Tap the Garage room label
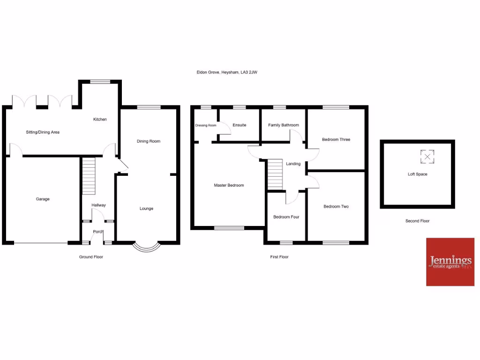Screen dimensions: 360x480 tap(43, 199)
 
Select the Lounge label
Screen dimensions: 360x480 tap(146, 209)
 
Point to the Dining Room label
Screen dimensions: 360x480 tap(149, 141)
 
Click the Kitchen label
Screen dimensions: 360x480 tap(100, 120)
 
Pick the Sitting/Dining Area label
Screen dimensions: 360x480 tap(43, 132)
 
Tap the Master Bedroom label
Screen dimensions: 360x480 tap(229, 186)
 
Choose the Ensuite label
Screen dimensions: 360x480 tap(239, 125)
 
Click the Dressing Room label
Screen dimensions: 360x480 tap(206, 126)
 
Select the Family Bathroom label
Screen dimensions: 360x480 tap(284, 125)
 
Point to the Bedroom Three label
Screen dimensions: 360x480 tap(336, 140)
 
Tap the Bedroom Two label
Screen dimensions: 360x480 tap(336, 207)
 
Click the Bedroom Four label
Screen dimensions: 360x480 tap(286, 217)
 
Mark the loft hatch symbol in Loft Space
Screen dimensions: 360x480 tap(427, 157)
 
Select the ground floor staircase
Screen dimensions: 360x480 tap(89, 176)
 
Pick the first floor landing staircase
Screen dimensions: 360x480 tap(276, 174)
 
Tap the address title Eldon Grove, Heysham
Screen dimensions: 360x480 tap(227, 72)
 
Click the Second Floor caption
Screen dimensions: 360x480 tap(417, 221)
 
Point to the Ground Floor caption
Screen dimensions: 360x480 tap(91, 257)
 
